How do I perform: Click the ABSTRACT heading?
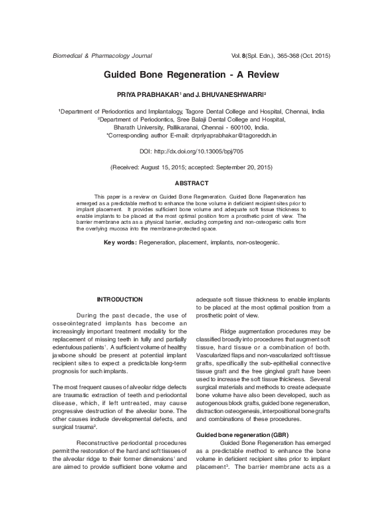(x=191, y=183)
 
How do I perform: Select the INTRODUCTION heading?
(x=120, y=300)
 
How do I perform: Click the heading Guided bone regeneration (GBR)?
(x=233, y=453)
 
